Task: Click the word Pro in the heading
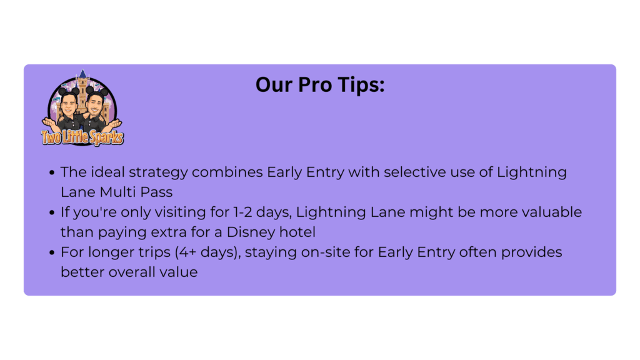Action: point(315,84)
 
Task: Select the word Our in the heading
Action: point(274,84)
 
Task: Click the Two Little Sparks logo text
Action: point(82,137)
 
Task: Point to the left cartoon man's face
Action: point(69,104)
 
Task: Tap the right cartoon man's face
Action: point(95,105)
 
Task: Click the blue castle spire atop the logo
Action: point(83,74)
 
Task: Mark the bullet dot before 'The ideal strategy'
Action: point(52,172)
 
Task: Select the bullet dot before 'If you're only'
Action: point(52,212)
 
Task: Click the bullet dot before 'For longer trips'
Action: point(52,252)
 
